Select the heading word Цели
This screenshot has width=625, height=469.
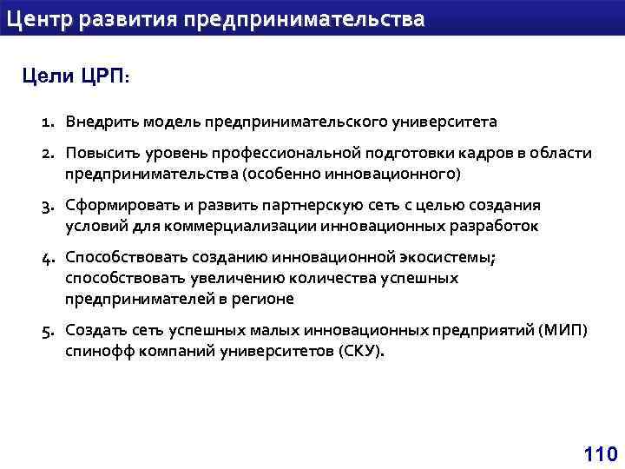coord(48,76)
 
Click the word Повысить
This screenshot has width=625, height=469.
coord(100,154)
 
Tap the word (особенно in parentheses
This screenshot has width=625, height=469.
coord(278,174)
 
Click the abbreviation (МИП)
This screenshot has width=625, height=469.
coord(562,331)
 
